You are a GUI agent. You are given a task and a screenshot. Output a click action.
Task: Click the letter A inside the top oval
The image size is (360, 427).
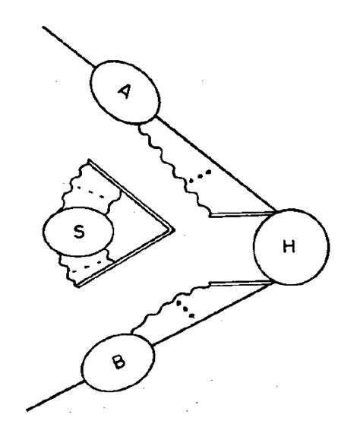125,90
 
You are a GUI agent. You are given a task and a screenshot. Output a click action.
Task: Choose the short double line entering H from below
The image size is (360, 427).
235,283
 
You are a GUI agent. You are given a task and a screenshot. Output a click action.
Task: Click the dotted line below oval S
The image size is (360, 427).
90,264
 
